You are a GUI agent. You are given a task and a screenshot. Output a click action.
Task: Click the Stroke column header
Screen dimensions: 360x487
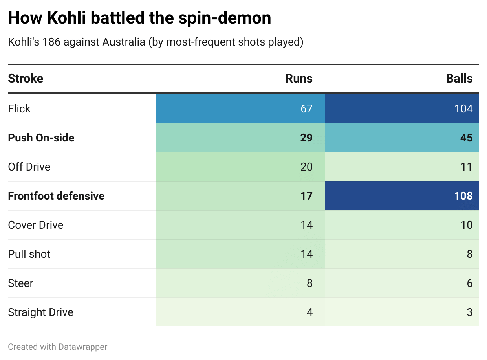coord(26,79)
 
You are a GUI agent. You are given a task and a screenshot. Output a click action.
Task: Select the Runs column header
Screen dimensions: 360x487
coord(299,79)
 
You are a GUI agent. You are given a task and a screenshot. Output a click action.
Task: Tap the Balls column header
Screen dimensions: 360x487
coord(459,79)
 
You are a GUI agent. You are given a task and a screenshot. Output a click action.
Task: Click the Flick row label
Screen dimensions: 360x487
coord(19,108)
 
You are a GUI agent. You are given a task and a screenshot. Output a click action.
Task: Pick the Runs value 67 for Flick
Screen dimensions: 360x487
coord(306,108)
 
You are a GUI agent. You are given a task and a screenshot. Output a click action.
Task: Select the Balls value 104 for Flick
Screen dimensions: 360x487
coord(463,108)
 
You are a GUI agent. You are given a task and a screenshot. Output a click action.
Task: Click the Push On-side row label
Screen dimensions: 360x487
coord(41,138)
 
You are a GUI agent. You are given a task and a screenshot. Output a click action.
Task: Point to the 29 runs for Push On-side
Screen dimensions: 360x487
coord(306,138)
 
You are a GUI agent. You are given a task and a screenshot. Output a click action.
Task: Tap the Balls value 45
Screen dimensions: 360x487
coord(466,138)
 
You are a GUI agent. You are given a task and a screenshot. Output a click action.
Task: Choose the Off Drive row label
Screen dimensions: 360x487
coord(29,167)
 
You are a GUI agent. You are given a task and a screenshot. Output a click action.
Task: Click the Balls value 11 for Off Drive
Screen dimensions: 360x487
coord(466,167)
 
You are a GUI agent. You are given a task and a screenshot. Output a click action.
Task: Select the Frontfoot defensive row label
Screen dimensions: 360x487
coord(56,196)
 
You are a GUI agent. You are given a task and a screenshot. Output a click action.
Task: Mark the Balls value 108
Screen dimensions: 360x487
coord(463,196)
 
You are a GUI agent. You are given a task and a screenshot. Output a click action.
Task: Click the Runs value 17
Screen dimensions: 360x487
coord(306,196)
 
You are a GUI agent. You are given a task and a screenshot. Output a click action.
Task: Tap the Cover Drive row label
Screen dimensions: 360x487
coord(36,225)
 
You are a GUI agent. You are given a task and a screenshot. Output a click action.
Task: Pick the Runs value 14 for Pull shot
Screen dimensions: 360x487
coord(306,254)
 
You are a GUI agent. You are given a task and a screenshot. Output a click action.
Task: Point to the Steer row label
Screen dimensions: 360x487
coord(21,283)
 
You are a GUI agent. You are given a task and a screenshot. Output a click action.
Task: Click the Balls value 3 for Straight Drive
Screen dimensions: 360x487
coord(469,312)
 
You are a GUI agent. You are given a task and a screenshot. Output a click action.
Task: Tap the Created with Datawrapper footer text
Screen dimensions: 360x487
coord(58,347)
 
